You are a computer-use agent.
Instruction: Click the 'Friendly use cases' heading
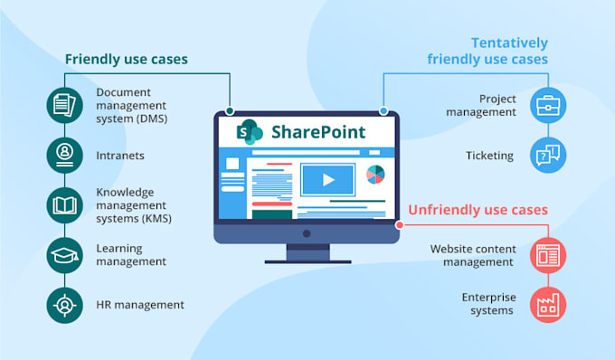point(126,60)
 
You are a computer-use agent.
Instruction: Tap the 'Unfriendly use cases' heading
point(478,210)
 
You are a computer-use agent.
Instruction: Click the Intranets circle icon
point(64,156)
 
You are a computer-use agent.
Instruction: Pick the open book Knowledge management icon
point(64,205)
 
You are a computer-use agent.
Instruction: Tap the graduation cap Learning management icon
point(64,255)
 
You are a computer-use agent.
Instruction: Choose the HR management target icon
point(64,305)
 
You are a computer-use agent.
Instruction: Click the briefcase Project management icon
point(548,106)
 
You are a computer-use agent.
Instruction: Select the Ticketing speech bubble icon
point(548,156)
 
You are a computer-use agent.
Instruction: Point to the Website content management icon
point(548,255)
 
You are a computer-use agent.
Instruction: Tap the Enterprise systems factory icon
point(548,304)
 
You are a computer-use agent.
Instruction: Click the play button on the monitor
point(328,179)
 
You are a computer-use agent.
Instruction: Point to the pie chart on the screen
point(375,174)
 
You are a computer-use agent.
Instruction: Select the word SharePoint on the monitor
point(318,132)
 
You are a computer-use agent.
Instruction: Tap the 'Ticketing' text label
point(489,156)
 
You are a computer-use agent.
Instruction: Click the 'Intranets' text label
point(120,156)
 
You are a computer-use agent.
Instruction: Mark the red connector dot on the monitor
point(400,224)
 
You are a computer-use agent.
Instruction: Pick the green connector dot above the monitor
point(231,111)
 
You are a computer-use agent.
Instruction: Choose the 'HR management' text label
point(140,305)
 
